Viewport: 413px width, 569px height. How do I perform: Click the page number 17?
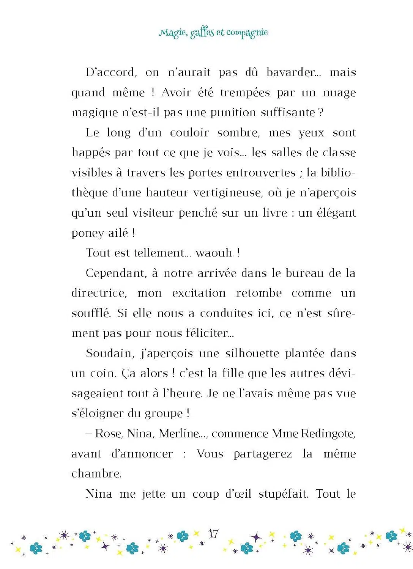coord(214,534)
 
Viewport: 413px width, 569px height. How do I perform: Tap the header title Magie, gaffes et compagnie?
coord(213,33)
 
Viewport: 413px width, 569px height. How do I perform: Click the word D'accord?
coord(110,72)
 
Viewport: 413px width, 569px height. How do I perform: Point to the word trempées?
coord(245,93)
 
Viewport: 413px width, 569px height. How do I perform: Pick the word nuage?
coord(339,93)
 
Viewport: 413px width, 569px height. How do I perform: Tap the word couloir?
coord(189,133)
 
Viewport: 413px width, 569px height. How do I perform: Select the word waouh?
coord(213,253)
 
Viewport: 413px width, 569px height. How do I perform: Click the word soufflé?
coord(91,313)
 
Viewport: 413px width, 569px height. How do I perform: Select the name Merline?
coord(179,434)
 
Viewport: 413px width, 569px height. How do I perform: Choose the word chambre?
coord(96,474)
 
